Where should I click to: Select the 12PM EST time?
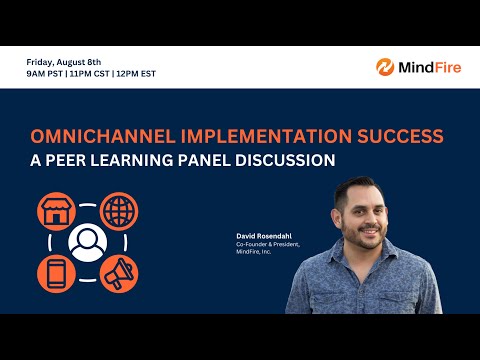click(x=135, y=73)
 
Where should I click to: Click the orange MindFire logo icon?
click(x=385, y=67)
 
